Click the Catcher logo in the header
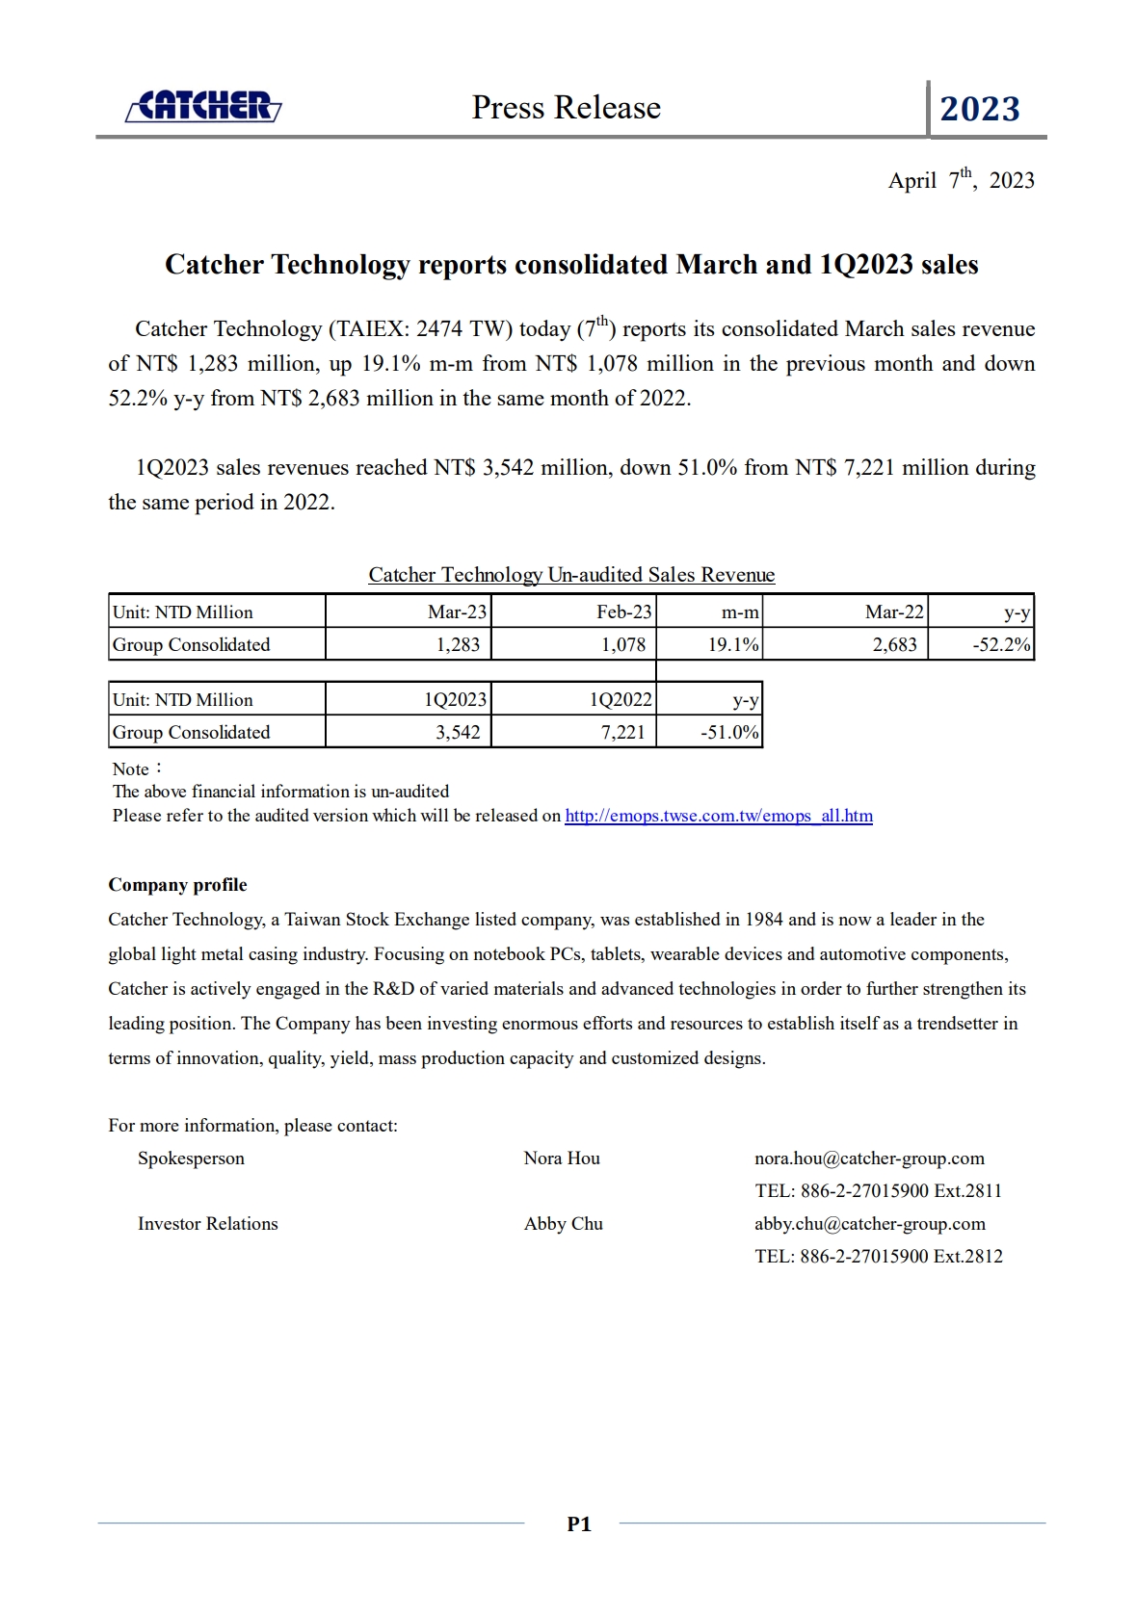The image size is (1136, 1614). [203, 107]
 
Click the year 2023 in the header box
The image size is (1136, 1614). [979, 109]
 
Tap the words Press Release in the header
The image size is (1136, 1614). [566, 108]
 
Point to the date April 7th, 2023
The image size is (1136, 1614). [961, 180]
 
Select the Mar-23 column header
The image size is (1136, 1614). [457, 612]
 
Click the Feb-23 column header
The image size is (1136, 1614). [623, 612]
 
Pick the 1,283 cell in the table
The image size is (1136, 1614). [458, 644]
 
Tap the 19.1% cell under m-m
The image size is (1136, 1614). [732, 644]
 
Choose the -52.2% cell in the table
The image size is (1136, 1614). [1001, 644]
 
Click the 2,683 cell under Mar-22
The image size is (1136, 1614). [894, 644]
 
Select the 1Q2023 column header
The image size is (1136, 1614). [455, 699]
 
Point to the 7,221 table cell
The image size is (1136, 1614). [622, 732]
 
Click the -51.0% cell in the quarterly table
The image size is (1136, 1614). [729, 732]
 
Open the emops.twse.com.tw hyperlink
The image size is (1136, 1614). [718, 816]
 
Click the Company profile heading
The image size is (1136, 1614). [177, 885]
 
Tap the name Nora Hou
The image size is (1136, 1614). [562, 1158]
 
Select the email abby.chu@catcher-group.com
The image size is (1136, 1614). [869, 1223]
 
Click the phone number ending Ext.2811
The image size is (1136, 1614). [878, 1190]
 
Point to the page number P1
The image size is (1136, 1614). [578, 1523]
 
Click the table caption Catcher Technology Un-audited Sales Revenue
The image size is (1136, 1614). [571, 575]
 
